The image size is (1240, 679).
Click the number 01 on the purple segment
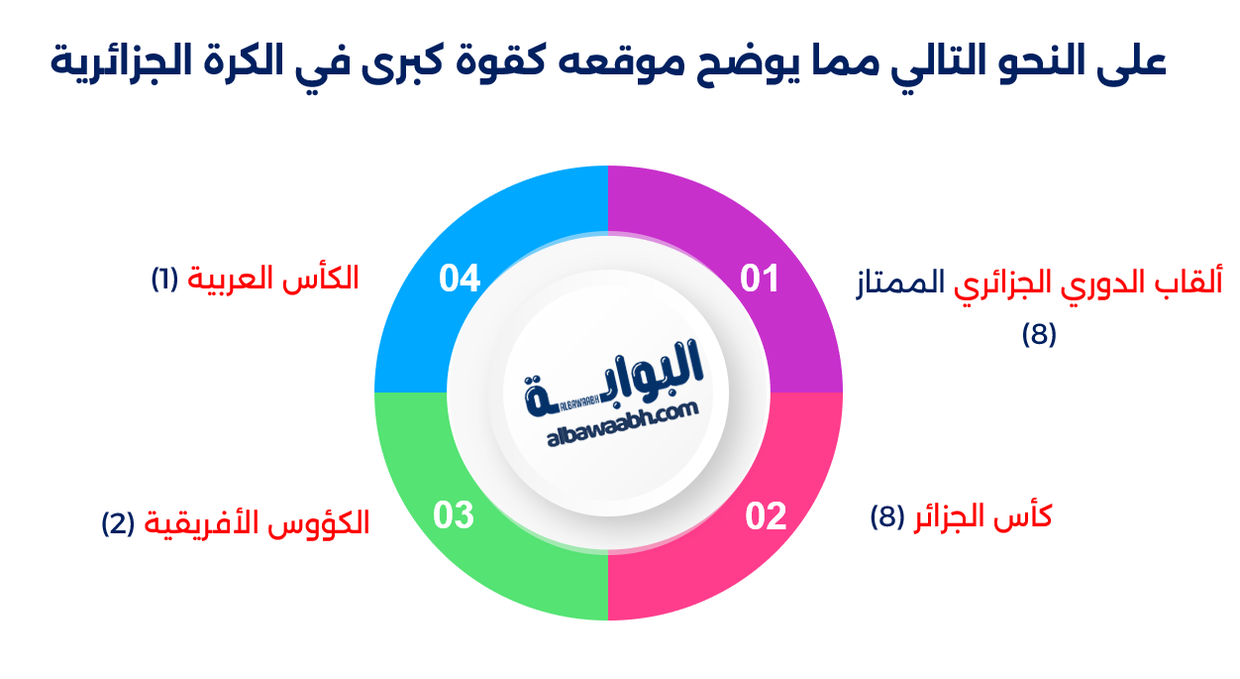pos(760,279)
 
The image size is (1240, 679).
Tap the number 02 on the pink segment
pos(766,516)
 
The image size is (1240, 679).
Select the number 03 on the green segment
pos(455,515)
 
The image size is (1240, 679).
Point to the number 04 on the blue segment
pos(460,279)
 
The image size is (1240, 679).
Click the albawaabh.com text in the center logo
pos(623,429)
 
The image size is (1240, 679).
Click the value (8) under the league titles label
pos(1039,335)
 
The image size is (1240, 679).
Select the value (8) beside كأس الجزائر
pos(887,516)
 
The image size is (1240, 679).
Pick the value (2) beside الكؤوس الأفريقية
pos(119,522)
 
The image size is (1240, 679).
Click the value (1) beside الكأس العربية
pos(163,279)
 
